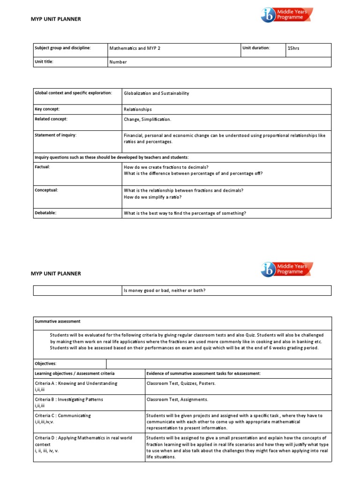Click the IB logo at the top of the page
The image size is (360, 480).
(286, 15)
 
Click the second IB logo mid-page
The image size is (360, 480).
(286, 270)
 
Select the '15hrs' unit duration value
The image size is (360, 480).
(293, 48)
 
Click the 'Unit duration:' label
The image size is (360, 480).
(256, 48)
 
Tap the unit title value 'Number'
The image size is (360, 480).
(118, 62)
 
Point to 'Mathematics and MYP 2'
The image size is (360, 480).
(135, 48)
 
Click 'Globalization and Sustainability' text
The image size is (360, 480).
(156, 93)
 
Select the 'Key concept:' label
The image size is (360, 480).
(47, 109)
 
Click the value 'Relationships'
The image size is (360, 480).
(137, 109)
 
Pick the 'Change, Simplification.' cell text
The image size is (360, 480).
(147, 120)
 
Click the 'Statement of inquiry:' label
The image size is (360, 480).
(55, 135)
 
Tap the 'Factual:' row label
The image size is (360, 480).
(42, 166)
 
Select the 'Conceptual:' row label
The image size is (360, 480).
(46, 190)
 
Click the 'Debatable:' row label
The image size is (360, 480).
(45, 213)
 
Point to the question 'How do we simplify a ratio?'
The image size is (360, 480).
(152, 197)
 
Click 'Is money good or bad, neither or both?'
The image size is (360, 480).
(164, 290)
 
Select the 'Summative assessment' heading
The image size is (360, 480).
(58, 322)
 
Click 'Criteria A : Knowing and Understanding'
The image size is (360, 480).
(76, 383)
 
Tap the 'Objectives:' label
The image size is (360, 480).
(45, 364)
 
